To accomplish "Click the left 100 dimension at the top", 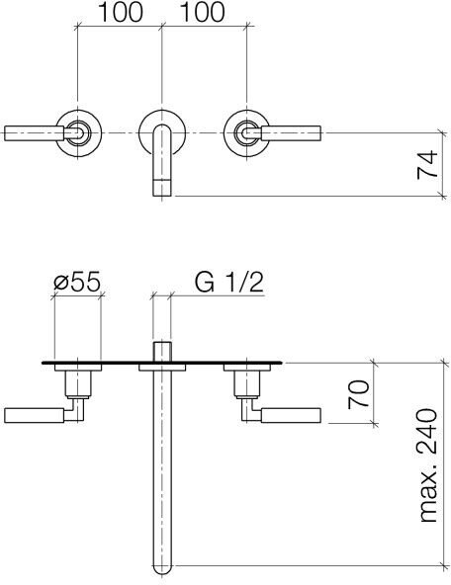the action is (121, 12).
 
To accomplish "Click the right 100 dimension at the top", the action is (203, 12).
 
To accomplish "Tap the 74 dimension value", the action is (427, 164).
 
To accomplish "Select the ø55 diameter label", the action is (77, 282).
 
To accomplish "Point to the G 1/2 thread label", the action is (229, 282).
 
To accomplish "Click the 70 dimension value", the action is (359, 394).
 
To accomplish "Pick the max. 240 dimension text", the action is (428, 465).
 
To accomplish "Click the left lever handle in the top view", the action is (35, 133).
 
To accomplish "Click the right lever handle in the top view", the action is (291, 133).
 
